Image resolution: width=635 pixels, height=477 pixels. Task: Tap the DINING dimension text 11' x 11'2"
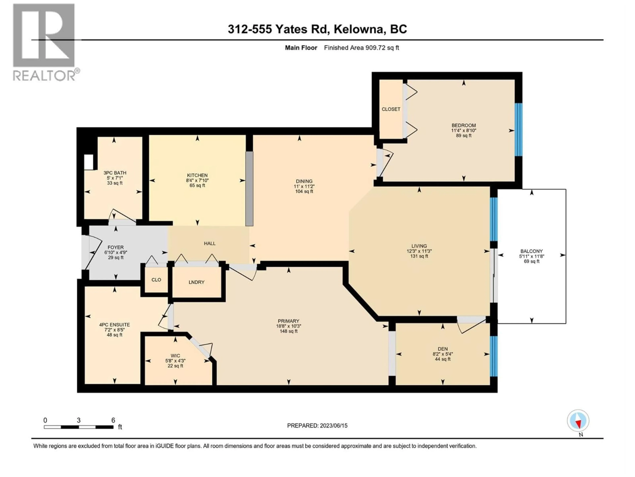coord(304,186)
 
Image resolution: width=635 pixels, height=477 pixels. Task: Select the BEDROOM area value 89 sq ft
coord(464,135)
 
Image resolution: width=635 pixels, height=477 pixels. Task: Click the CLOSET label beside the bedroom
coord(391,109)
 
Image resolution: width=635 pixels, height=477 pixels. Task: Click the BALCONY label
coord(531,251)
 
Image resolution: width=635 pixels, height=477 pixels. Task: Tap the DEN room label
coord(442,349)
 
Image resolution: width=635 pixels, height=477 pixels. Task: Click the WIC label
coord(175,356)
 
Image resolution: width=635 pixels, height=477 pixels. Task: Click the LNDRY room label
coord(196,282)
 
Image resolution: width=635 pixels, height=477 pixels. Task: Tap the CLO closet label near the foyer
coord(156,280)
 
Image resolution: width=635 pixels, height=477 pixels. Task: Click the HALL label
coord(210,243)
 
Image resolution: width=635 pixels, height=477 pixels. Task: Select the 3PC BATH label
coord(115,173)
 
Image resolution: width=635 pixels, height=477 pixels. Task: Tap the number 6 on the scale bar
coord(113,420)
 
